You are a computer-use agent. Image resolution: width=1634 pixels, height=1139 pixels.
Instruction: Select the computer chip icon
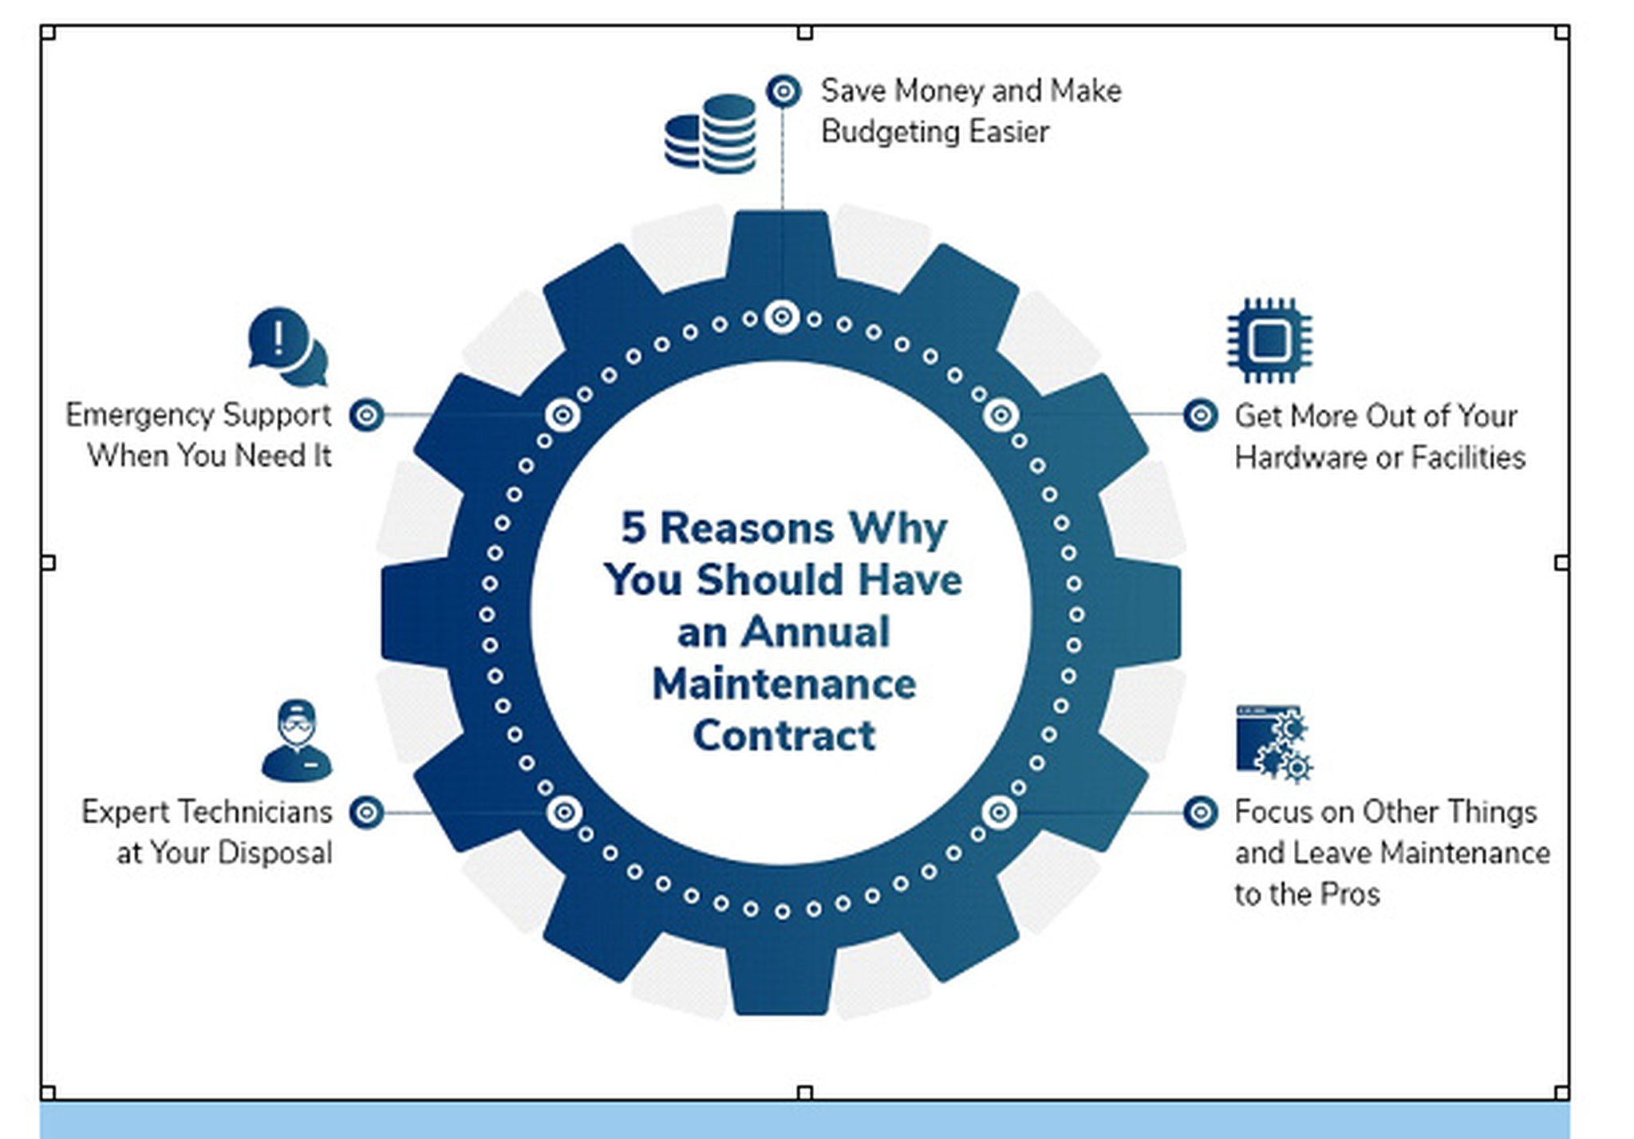pyautogui.click(x=1269, y=341)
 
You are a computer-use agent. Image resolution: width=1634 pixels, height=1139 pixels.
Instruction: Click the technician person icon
pyautogui.click(x=297, y=741)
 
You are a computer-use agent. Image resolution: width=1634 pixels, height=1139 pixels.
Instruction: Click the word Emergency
pyautogui.click(x=140, y=416)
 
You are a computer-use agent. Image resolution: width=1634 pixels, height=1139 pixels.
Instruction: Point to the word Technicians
pyautogui.click(x=256, y=812)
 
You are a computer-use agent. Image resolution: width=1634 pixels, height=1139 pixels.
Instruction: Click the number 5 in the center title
pyautogui.click(x=633, y=528)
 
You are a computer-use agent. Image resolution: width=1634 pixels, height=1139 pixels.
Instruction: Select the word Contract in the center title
pyautogui.click(x=784, y=735)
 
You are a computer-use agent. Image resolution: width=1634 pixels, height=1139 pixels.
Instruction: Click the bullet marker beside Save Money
pyautogui.click(x=783, y=92)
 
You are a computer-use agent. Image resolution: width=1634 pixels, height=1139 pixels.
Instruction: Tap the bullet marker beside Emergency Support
pyautogui.click(x=367, y=415)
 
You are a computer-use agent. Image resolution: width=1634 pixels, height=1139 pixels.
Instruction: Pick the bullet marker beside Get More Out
pyautogui.click(x=1201, y=415)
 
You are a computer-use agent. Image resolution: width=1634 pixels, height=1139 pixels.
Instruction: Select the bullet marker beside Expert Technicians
pyautogui.click(x=367, y=812)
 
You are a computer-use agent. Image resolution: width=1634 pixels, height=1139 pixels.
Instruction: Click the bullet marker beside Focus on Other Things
pyautogui.click(x=1201, y=812)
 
